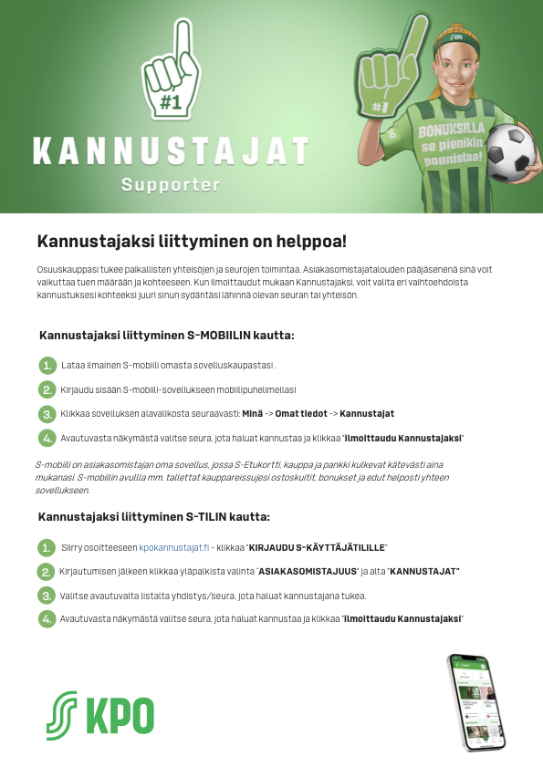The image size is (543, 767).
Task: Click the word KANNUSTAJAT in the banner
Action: click(x=171, y=150)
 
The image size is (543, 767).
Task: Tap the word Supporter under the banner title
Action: click(x=171, y=185)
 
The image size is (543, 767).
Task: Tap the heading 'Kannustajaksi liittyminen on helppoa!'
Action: click(x=192, y=242)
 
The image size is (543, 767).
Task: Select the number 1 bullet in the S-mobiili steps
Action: click(x=47, y=366)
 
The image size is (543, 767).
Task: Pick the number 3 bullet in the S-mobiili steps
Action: click(x=47, y=414)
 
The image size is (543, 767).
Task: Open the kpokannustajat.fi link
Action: click(x=174, y=547)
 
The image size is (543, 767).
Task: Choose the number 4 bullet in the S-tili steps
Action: click(x=47, y=619)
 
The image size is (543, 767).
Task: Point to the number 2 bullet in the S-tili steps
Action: click(x=46, y=572)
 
